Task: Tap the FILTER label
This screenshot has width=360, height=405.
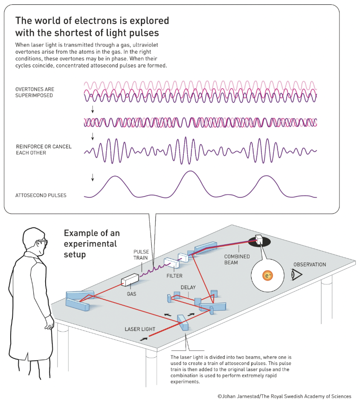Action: coord(174,276)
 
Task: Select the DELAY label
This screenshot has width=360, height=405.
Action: coord(188,287)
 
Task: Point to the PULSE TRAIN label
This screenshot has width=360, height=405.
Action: coord(142,255)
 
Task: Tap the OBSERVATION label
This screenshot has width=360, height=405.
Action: coord(310,265)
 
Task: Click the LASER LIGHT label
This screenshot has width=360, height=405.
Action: coord(140,329)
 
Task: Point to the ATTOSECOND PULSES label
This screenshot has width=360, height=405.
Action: coord(41,196)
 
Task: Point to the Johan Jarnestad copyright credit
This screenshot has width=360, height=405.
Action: coord(285,396)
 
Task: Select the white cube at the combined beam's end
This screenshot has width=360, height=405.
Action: coord(258,239)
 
